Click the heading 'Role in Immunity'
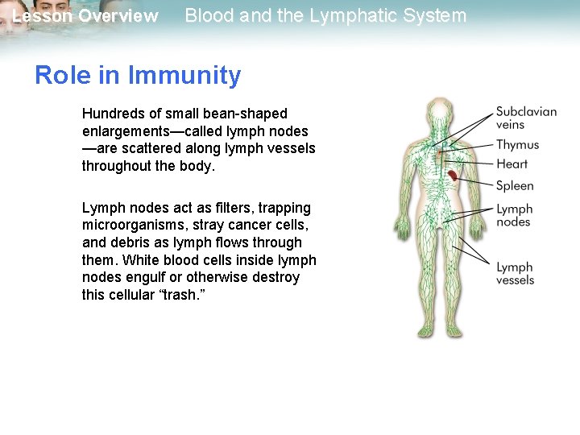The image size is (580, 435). tap(138, 76)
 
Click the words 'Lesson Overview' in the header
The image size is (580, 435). tap(85, 16)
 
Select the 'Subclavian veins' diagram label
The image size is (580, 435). tap(525, 118)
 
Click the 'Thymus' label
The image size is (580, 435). tap(517, 145)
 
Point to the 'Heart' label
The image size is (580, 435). tap(512, 164)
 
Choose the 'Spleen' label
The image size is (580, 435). tap(515, 186)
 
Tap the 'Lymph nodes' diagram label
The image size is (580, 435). tap(514, 216)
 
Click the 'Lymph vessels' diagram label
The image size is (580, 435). tap(515, 273)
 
